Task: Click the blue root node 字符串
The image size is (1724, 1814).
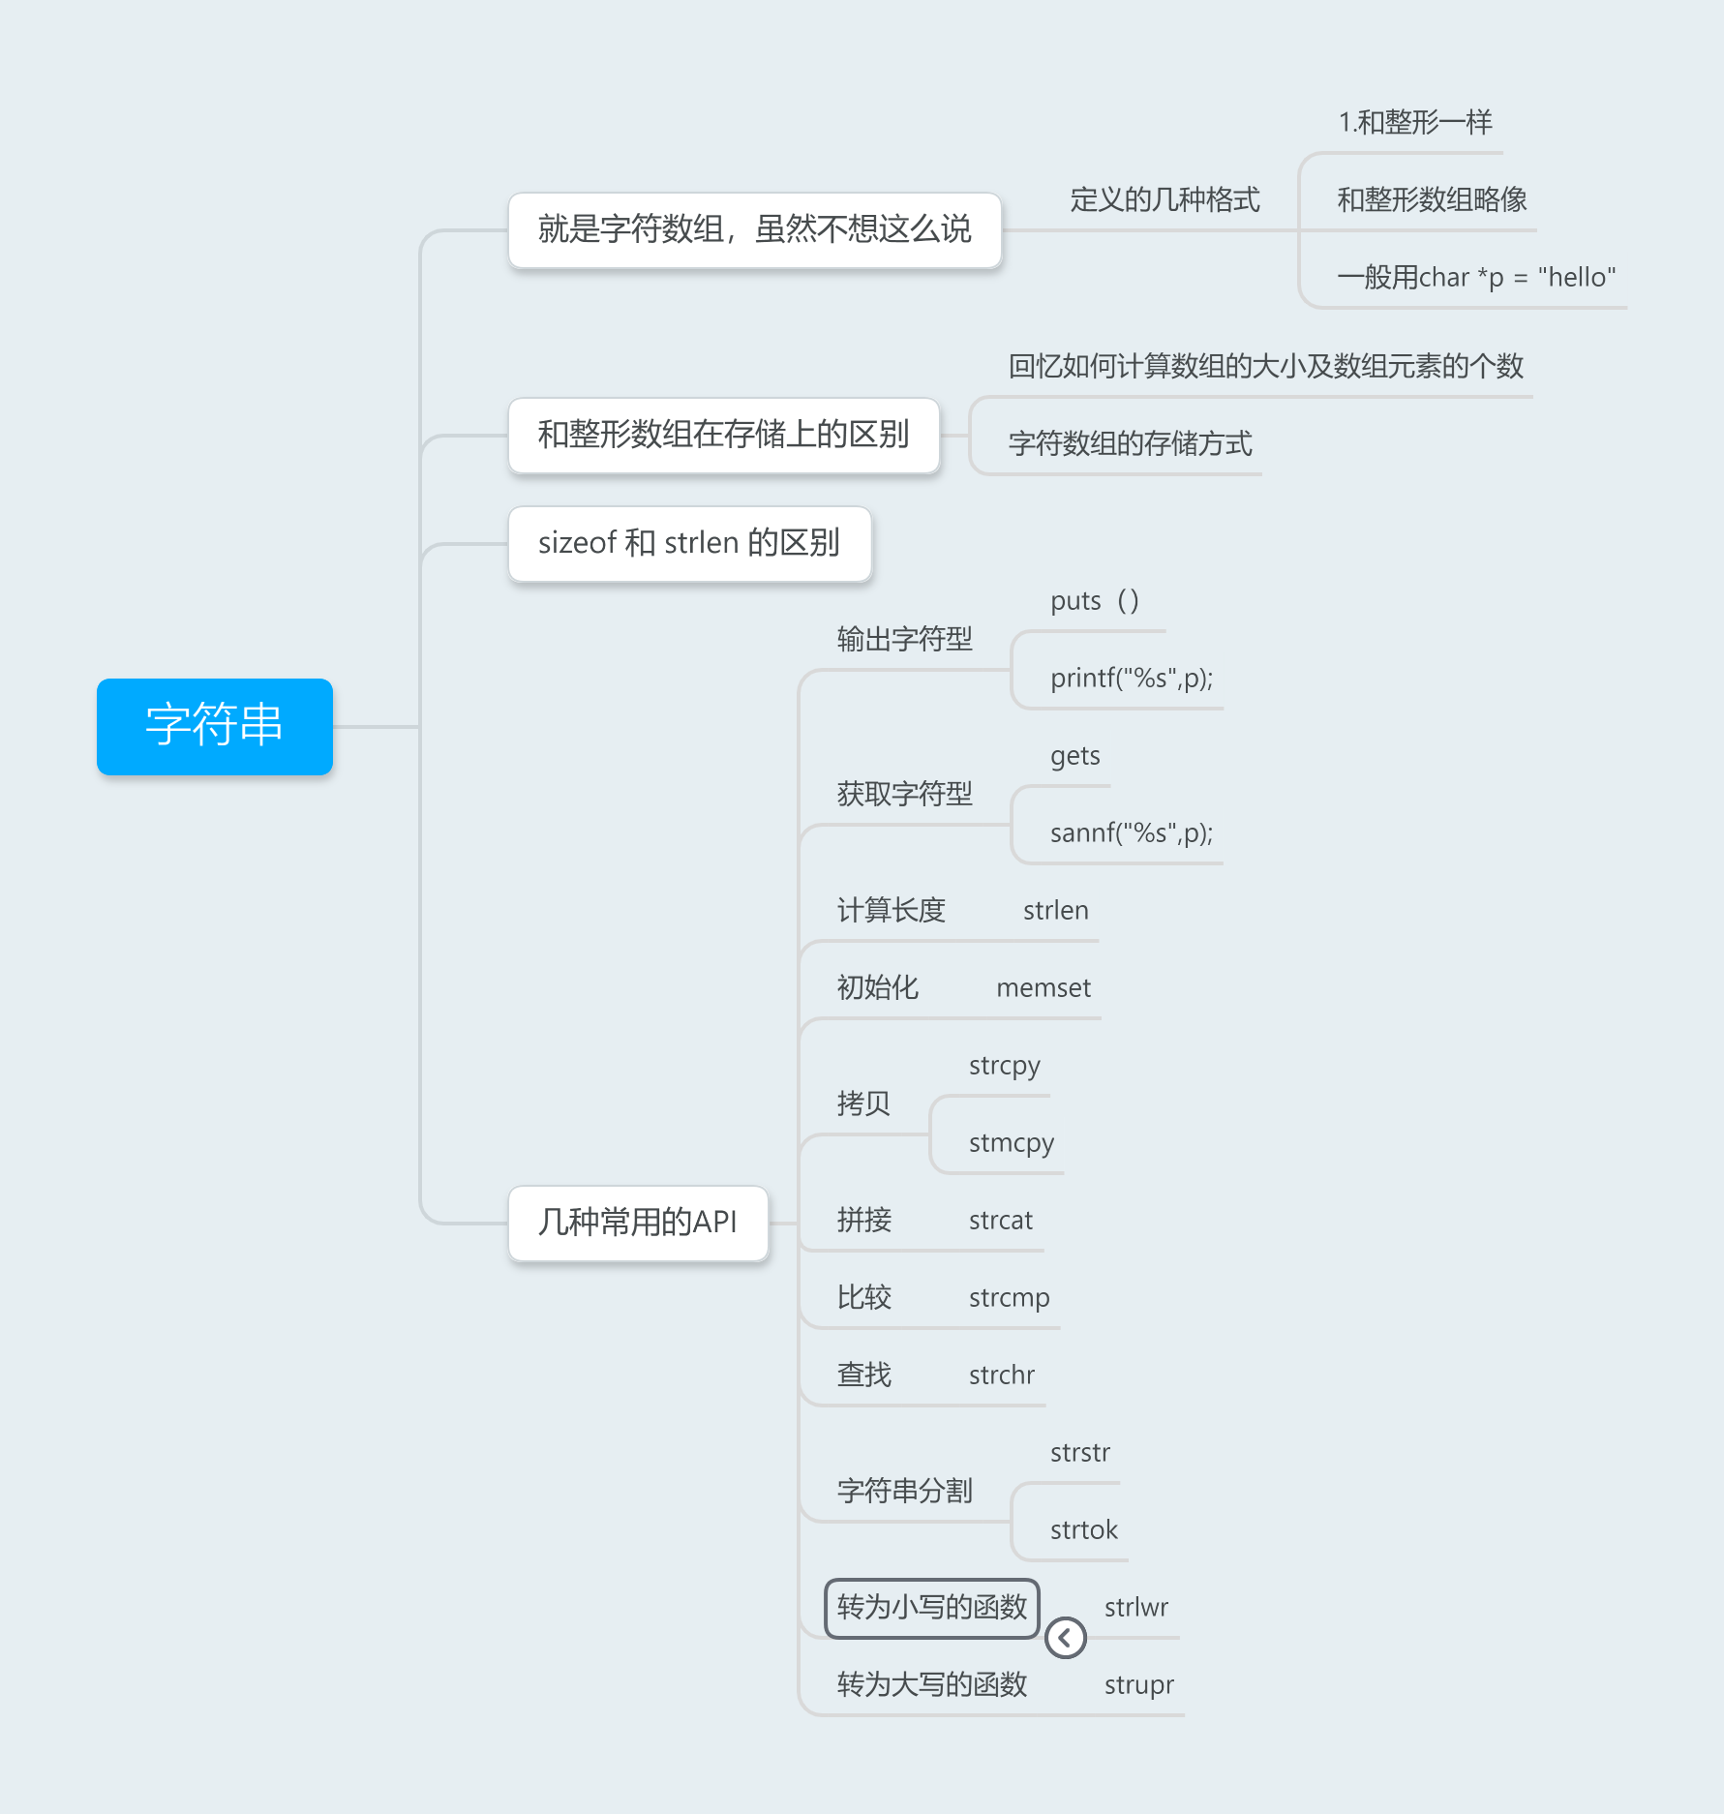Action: pyautogui.click(x=214, y=726)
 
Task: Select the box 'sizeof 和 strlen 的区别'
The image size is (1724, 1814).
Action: pyautogui.click(x=689, y=543)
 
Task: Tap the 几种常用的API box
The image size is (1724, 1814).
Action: pyautogui.click(x=638, y=1223)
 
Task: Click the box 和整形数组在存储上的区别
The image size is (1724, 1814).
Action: pyautogui.click(x=723, y=435)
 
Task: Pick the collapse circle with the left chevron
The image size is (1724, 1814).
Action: pyautogui.click(x=1065, y=1638)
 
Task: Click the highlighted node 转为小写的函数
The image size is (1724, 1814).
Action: pyautogui.click(x=931, y=1608)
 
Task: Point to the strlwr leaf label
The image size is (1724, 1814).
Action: pyautogui.click(x=1135, y=1608)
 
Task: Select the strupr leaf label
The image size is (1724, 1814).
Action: pyautogui.click(x=1138, y=1685)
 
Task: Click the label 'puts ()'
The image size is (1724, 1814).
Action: pyautogui.click(x=1095, y=601)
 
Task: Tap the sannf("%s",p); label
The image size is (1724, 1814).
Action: pyautogui.click(x=1131, y=833)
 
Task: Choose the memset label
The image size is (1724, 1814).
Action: pyautogui.click(x=1043, y=988)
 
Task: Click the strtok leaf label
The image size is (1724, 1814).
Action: pyautogui.click(x=1083, y=1530)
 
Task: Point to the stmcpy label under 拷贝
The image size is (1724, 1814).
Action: pyautogui.click(x=1011, y=1143)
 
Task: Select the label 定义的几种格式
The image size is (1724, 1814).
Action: pyautogui.click(x=1164, y=200)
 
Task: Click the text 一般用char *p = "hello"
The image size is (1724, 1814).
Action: pyautogui.click(x=1476, y=278)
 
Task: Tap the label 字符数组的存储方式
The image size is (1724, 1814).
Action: pyautogui.click(x=1130, y=444)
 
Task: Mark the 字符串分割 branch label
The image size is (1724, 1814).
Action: pyautogui.click(x=904, y=1492)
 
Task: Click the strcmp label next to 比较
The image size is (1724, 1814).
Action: pyautogui.click(x=1009, y=1298)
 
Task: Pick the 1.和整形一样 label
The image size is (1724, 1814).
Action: pyautogui.click(x=1414, y=123)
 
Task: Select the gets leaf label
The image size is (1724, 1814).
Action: pyautogui.click(x=1074, y=756)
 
